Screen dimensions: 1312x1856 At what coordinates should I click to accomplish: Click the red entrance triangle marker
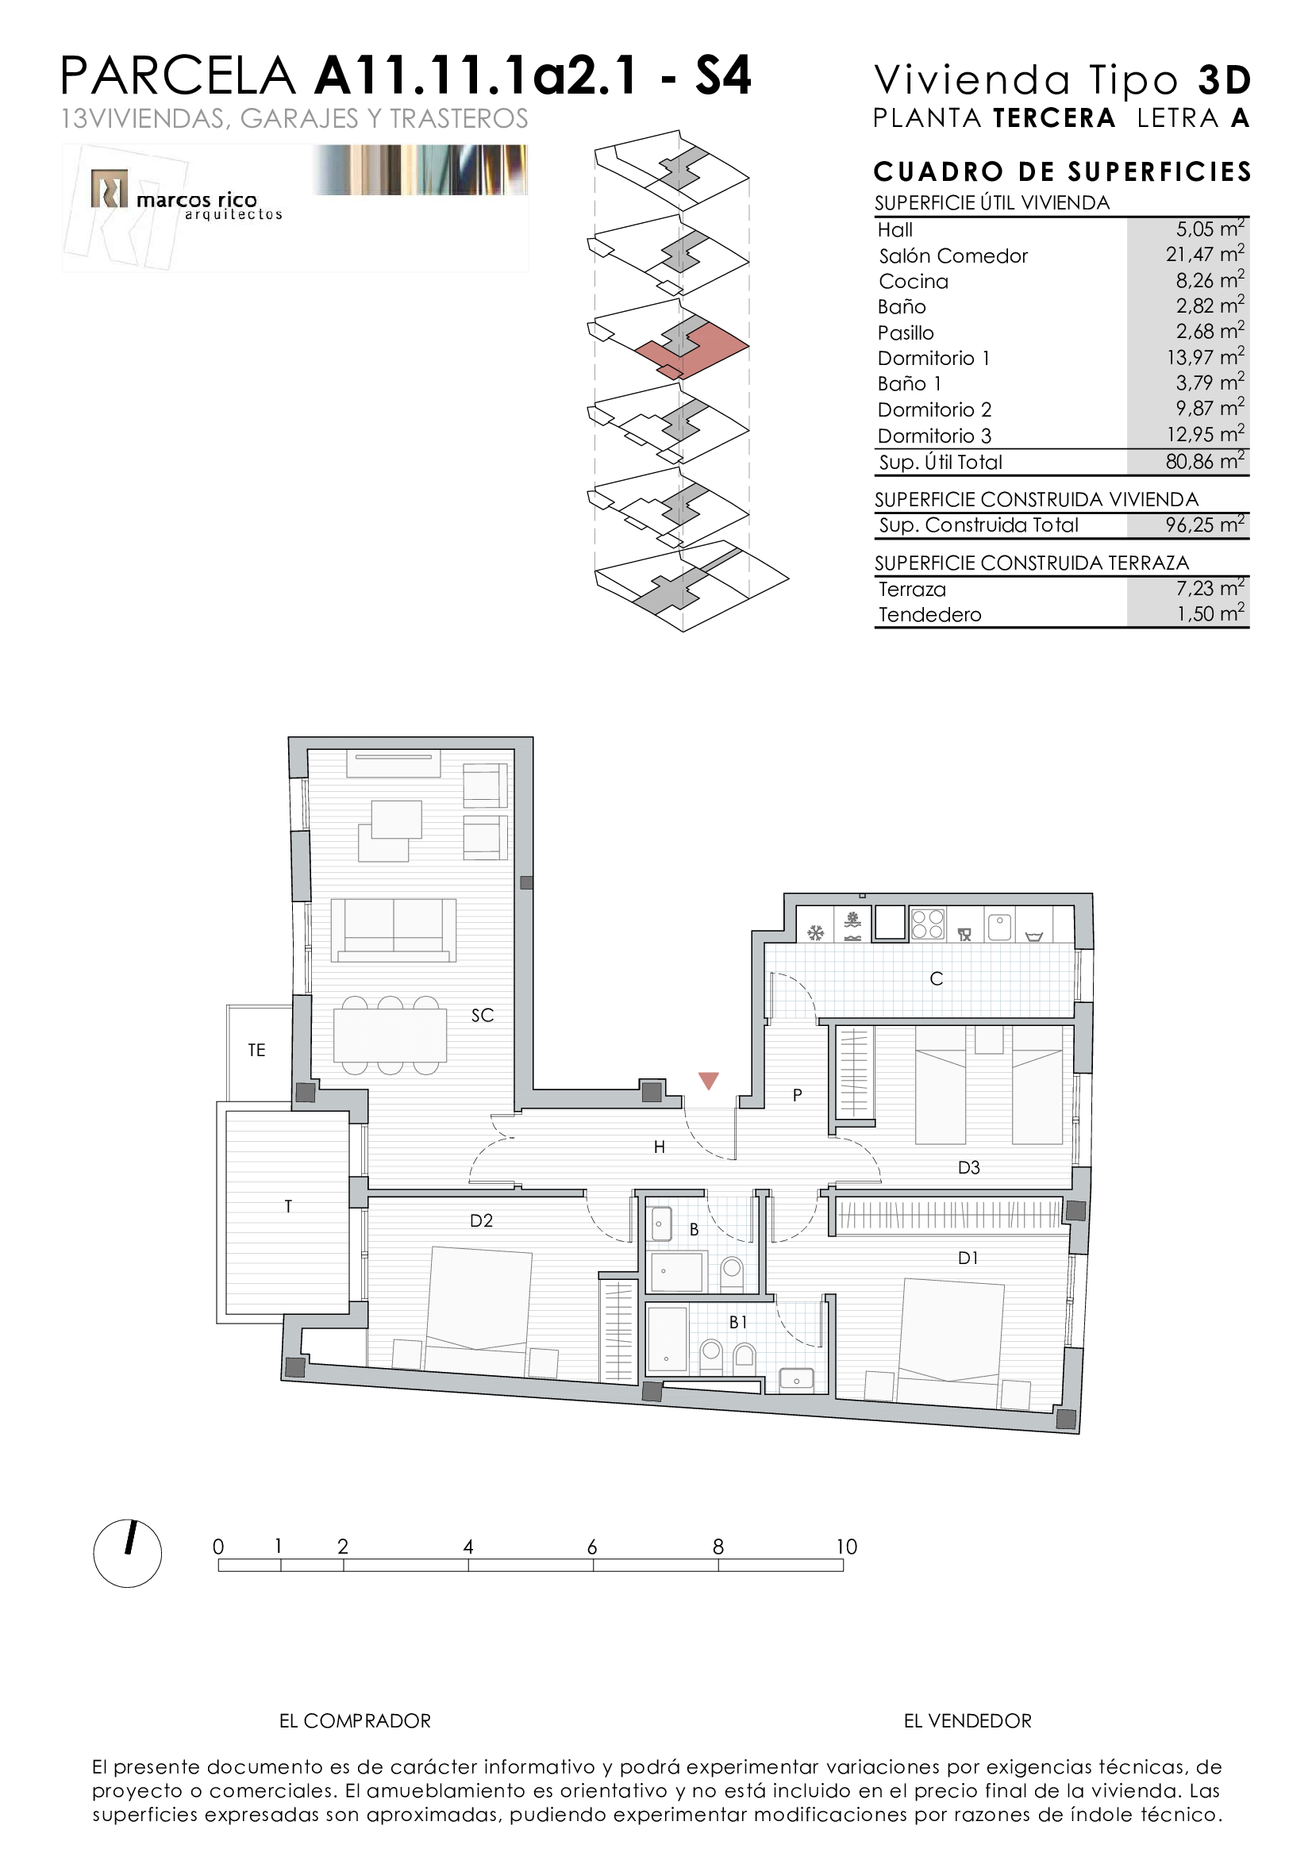coord(708,1080)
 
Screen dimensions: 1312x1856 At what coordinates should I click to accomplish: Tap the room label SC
coord(483,1016)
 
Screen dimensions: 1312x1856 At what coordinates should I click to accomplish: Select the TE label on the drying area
coord(256,1050)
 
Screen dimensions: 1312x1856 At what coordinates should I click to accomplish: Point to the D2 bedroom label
coord(482,1220)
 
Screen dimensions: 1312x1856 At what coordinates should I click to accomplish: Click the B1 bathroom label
coord(738,1323)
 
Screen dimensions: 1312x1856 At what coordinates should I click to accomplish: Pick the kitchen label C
coord(936,979)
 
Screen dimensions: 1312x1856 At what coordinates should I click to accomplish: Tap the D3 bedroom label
coord(968,1167)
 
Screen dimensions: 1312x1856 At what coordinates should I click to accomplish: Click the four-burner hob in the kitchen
coord(927,924)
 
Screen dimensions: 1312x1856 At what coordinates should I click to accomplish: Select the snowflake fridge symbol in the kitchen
coord(816,934)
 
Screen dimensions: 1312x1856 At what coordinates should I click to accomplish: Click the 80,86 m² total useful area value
coord(1205,462)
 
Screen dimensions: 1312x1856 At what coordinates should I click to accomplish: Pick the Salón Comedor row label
coord(953,256)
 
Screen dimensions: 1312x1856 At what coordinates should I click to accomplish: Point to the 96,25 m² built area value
coord(1205,525)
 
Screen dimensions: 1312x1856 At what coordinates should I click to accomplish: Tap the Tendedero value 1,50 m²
coord(1210,613)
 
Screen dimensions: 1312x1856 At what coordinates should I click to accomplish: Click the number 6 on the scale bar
coord(593,1547)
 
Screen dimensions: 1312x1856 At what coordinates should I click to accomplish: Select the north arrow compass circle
coord(128,1554)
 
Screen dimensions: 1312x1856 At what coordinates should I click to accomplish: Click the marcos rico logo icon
coord(109,188)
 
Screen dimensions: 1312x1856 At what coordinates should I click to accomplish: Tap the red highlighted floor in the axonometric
coord(691,350)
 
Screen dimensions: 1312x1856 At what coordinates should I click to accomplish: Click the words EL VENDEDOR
coord(968,1721)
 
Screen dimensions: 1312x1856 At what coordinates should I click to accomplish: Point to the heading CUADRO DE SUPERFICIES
coord(1062,171)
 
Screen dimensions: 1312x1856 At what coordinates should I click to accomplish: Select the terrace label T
coord(288,1207)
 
